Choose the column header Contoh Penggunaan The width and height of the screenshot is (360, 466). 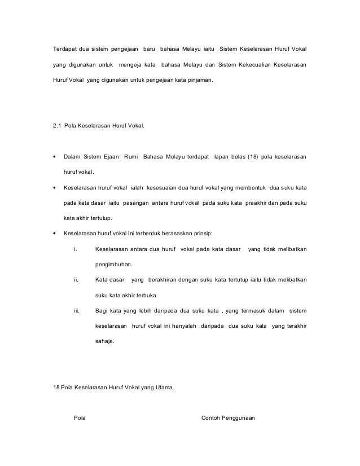[228, 418]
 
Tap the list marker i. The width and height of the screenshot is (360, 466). [76, 249]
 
